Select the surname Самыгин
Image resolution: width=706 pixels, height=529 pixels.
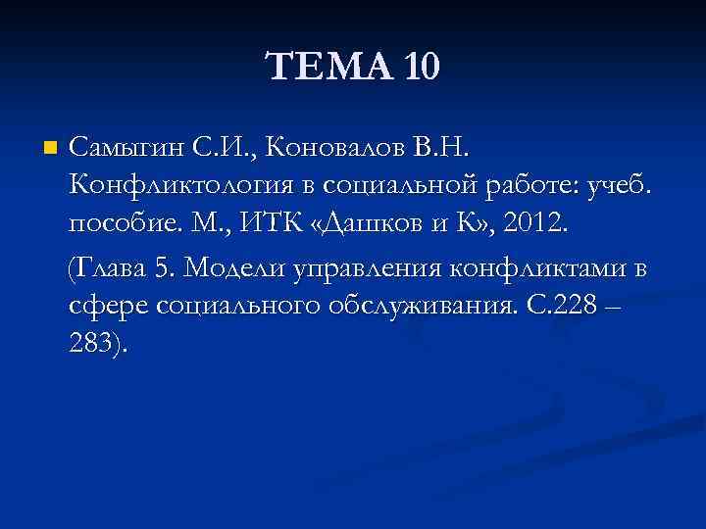[123, 149]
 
